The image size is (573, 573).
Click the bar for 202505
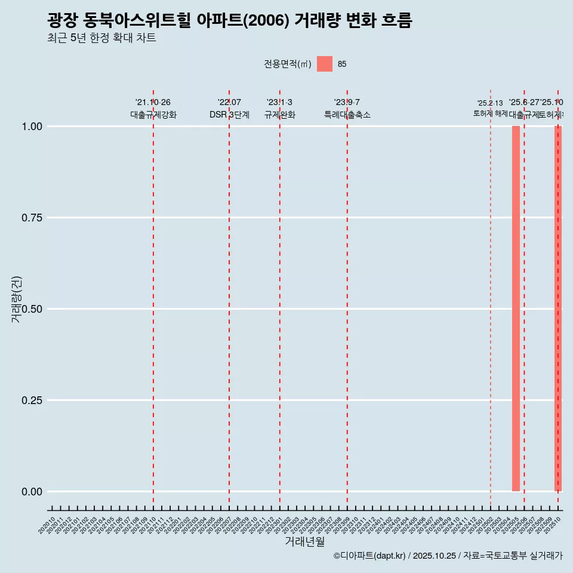point(516,309)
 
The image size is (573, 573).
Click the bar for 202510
point(558,309)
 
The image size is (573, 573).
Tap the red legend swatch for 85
point(324,64)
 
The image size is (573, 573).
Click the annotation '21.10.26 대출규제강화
point(153,109)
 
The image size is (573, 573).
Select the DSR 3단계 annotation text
point(229,115)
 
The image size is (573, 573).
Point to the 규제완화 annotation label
point(279,115)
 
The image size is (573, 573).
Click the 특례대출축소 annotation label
point(347,115)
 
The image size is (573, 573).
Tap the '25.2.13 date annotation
point(490,103)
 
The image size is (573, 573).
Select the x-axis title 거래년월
point(304,541)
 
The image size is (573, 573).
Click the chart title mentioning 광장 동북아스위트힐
point(229,21)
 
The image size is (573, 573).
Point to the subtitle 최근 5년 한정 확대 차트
point(101,38)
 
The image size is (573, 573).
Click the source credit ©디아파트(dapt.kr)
point(369,556)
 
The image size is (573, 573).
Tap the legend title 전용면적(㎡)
point(287,64)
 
